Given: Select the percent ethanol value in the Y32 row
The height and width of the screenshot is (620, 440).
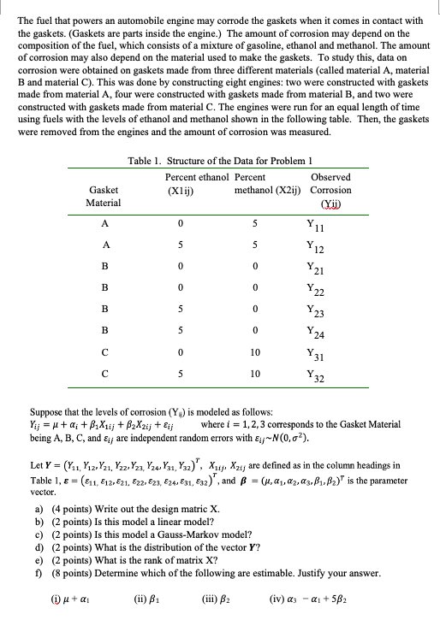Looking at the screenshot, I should click(x=181, y=404).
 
